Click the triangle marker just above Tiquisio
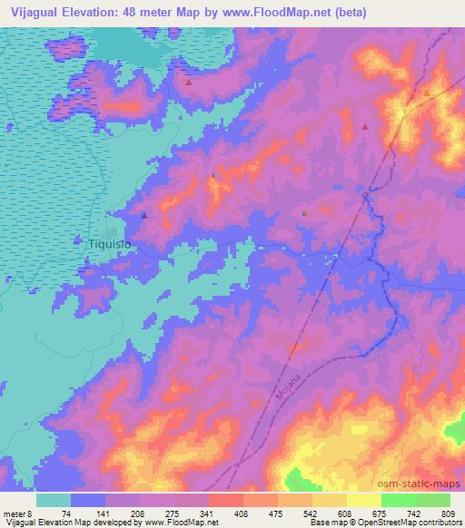point(144,216)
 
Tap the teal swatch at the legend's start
point(54,500)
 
